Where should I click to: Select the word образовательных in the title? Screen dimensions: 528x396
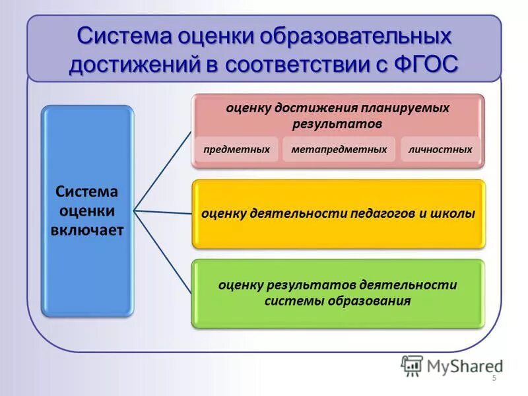(354, 35)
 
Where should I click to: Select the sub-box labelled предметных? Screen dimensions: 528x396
(236, 150)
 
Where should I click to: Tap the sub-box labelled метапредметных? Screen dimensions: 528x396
(339, 150)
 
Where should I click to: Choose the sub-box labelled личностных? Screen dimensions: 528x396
(440, 150)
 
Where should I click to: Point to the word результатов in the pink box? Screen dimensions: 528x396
(338, 123)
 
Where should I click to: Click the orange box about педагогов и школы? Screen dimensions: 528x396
(338, 214)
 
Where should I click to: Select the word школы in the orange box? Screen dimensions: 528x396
(457, 214)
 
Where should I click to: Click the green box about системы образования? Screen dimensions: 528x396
(338, 293)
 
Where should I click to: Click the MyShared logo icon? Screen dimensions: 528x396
(411, 365)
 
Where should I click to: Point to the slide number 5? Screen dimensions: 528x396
(494, 378)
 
